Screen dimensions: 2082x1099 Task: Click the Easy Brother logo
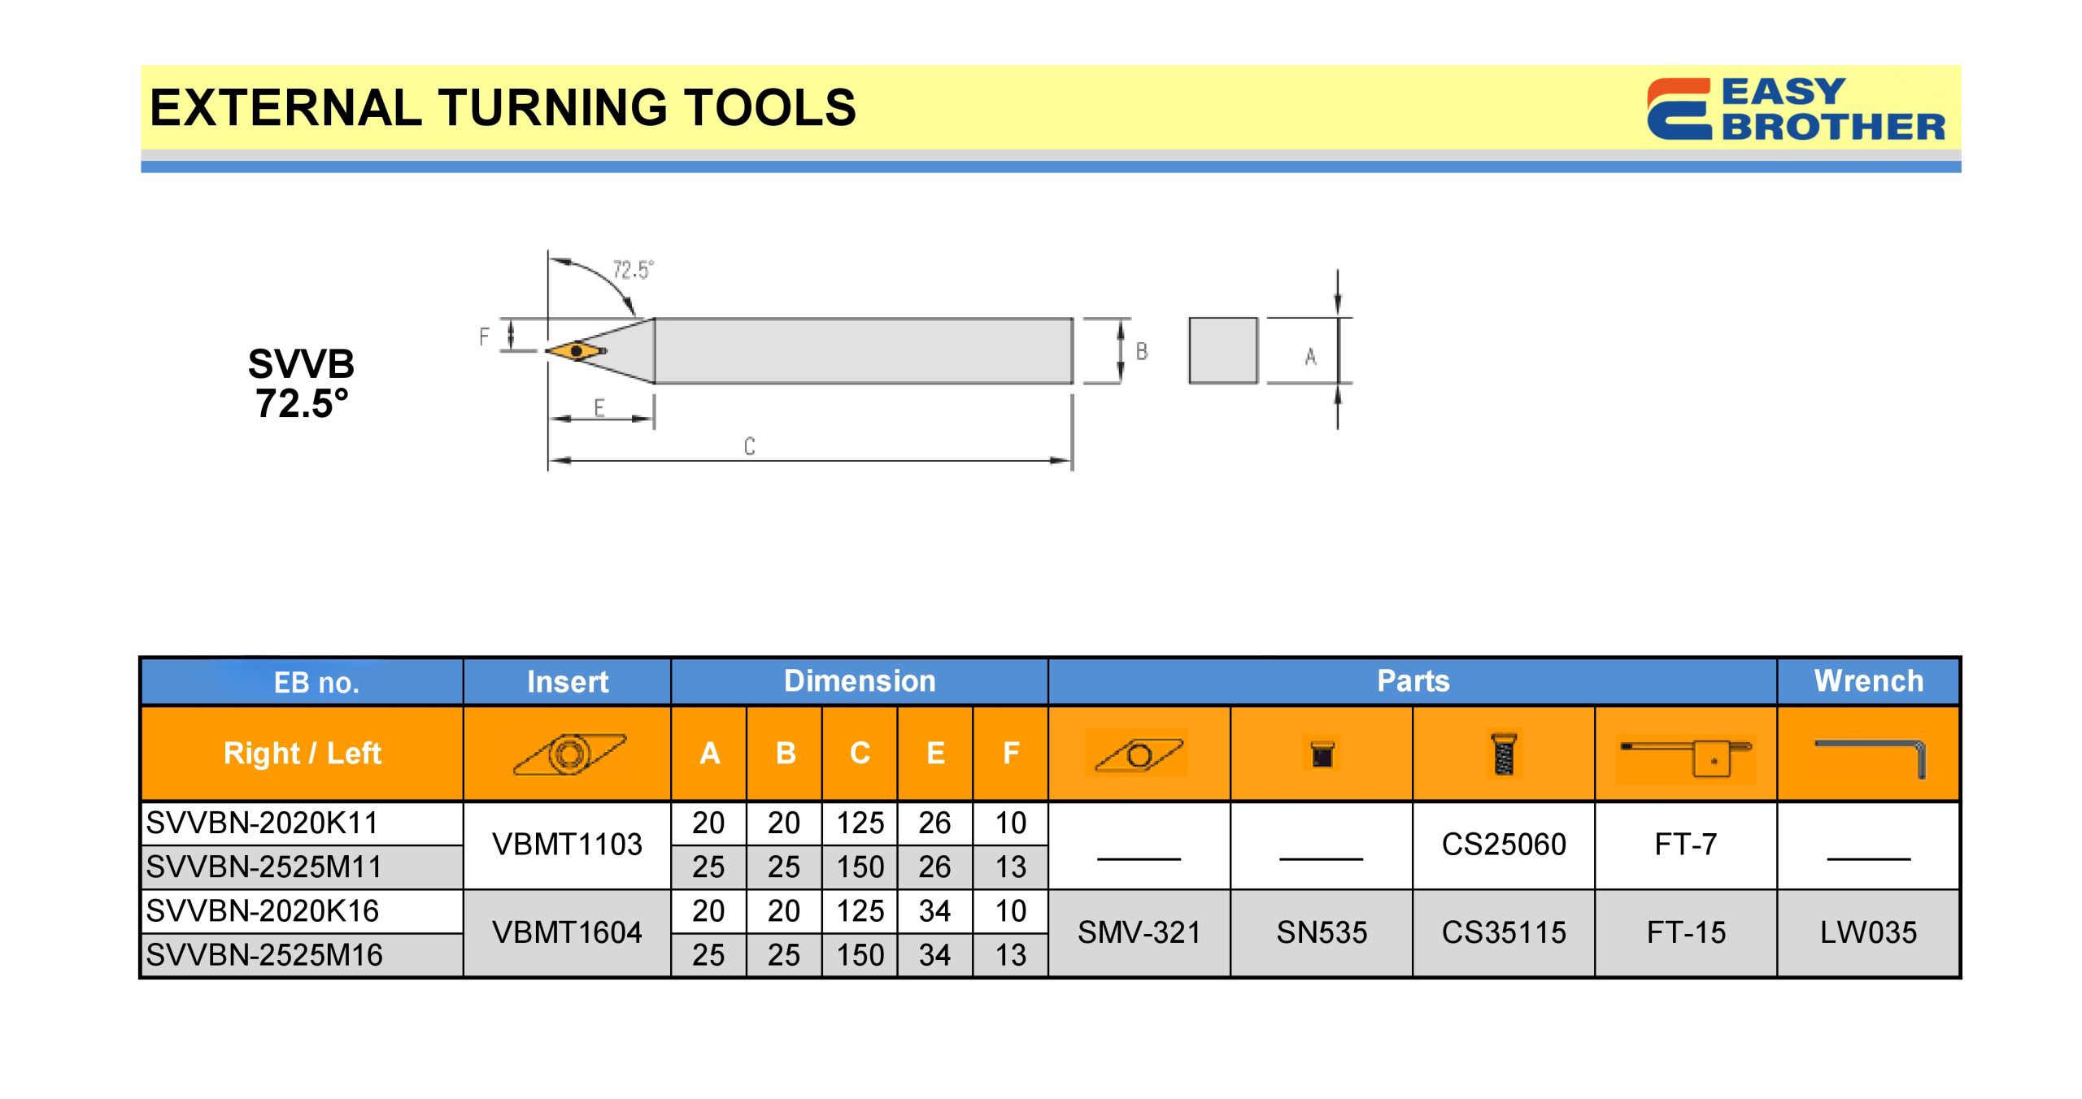pos(1796,109)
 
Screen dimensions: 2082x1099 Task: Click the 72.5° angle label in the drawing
pos(633,270)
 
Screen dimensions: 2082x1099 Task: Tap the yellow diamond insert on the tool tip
pos(577,351)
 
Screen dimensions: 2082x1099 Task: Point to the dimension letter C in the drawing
pos(749,446)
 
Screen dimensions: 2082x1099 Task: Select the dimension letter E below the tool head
pos(599,408)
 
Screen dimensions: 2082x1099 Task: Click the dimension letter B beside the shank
pos(1142,352)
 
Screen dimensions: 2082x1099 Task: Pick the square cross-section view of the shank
pos(1223,350)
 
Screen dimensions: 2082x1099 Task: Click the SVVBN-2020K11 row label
pos(262,823)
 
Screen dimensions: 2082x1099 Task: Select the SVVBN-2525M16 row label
pos(264,955)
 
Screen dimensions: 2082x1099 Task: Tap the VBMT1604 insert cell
pos(567,933)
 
